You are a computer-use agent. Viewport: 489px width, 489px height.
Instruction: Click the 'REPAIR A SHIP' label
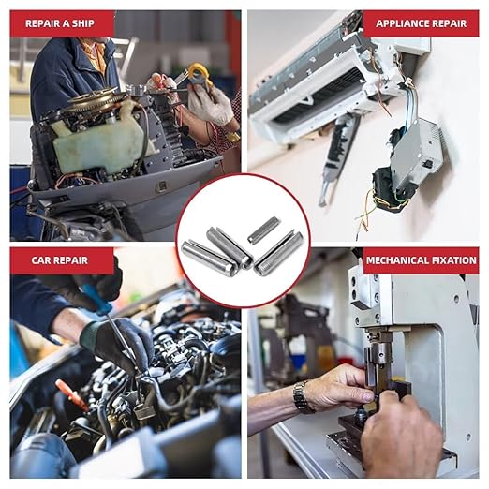point(60,23)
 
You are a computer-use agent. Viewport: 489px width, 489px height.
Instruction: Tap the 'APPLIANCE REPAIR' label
point(421,23)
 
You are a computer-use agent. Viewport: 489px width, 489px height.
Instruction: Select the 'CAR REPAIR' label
point(60,260)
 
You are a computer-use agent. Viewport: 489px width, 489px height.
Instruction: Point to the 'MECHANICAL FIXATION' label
point(421,260)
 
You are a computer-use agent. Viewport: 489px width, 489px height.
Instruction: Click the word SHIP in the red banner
point(83,23)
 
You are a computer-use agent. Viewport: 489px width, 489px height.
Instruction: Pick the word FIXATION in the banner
point(452,260)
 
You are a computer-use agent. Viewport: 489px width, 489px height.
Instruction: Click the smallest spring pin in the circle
point(263,230)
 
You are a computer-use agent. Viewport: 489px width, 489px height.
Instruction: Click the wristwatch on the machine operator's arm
point(302,396)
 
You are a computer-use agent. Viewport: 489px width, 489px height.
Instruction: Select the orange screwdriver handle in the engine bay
point(71,394)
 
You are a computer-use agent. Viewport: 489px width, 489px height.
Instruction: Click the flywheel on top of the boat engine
point(94,99)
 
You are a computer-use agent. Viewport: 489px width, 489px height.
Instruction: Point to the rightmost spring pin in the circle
point(279,253)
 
